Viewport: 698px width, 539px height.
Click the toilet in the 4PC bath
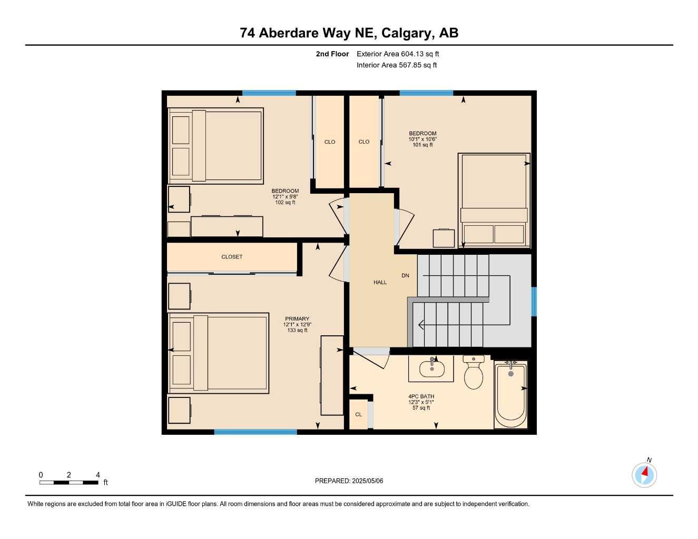click(x=473, y=373)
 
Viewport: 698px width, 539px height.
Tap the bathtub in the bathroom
click(x=510, y=394)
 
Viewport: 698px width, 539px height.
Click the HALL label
click(x=380, y=283)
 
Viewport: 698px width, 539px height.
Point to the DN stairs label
click(x=405, y=276)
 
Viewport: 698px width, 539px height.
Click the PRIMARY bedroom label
click(x=297, y=319)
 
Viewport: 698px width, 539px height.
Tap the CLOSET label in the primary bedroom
click(x=232, y=257)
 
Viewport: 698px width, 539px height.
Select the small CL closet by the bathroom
click(x=358, y=415)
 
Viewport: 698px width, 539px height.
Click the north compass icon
click(x=644, y=475)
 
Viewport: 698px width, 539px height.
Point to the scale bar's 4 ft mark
click(x=97, y=475)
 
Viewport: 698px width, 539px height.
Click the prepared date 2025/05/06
click(x=349, y=481)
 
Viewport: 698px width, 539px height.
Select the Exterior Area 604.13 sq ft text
click(x=398, y=54)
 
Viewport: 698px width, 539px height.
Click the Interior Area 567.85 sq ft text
click(x=397, y=65)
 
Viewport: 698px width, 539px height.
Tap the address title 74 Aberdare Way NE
click(x=349, y=33)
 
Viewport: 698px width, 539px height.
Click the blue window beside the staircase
click(x=534, y=302)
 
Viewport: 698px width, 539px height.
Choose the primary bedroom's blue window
click(x=255, y=432)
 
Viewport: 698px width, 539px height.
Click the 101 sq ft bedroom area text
click(x=422, y=145)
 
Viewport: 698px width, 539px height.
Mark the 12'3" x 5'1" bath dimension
click(x=421, y=403)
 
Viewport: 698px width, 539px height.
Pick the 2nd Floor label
click(x=332, y=54)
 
